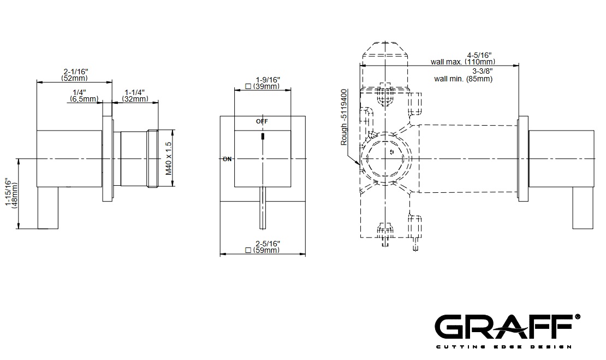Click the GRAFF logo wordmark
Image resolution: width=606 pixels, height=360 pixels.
[x=504, y=326]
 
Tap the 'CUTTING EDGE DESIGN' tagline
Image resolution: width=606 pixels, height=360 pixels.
[x=504, y=347]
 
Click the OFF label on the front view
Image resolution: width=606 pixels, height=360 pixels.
[x=262, y=121]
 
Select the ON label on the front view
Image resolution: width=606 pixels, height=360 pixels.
[x=227, y=159]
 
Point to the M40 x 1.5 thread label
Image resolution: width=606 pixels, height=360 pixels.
[x=169, y=158]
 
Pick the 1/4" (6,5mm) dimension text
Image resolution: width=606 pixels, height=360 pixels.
[x=84, y=96]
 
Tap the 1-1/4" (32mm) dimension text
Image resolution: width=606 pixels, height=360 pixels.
[x=135, y=96]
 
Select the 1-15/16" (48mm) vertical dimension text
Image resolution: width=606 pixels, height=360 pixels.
[x=11, y=194]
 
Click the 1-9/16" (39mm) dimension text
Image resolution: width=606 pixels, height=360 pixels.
[x=263, y=83]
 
